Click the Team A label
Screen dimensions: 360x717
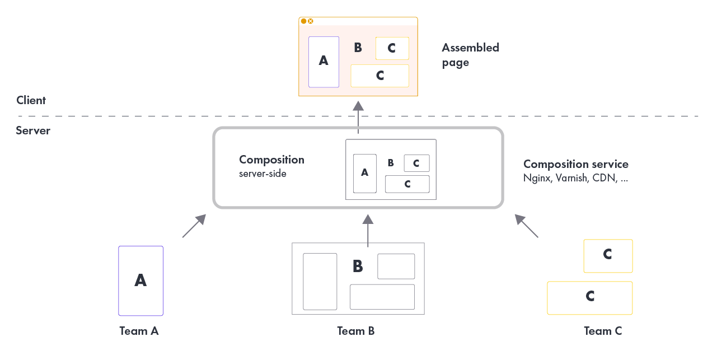point(139,331)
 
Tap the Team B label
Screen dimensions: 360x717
point(355,331)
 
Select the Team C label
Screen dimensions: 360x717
point(602,331)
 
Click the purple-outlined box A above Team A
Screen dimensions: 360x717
point(140,280)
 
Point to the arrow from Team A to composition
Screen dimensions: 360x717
point(194,226)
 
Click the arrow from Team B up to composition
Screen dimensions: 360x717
point(368,230)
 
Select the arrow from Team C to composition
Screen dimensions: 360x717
point(527,226)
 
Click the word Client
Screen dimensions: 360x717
point(31,100)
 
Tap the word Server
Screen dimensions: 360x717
point(33,130)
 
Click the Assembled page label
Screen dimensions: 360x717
point(470,55)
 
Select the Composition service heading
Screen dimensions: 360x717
point(575,164)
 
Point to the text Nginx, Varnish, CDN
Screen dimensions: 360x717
point(575,179)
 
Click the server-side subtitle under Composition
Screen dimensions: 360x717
point(263,174)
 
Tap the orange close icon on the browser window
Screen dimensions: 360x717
point(311,21)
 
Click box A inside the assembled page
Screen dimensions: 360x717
point(324,62)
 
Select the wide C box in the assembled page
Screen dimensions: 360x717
point(379,76)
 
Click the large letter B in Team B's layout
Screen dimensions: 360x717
point(358,267)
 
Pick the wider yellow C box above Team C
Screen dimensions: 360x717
point(589,297)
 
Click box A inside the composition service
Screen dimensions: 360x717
point(364,174)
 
